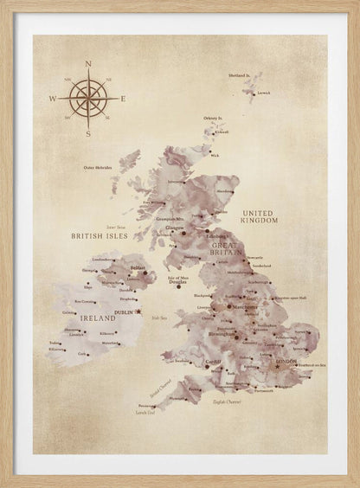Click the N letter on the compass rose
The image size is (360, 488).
click(87, 63)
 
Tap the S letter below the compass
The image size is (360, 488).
click(87, 134)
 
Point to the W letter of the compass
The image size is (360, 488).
click(52, 99)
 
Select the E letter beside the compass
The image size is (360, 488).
click(123, 99)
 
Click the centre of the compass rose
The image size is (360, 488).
click(87, 98)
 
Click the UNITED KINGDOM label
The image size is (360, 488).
click(260, 216)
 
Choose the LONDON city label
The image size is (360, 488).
click(286, 362)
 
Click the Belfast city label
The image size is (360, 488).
click(137, 268)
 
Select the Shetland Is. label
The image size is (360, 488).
click(240, 76)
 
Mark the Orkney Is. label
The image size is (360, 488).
click(213, 117)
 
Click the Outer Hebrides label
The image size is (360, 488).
click(100, 168)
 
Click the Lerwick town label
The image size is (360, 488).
click(263, 92)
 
